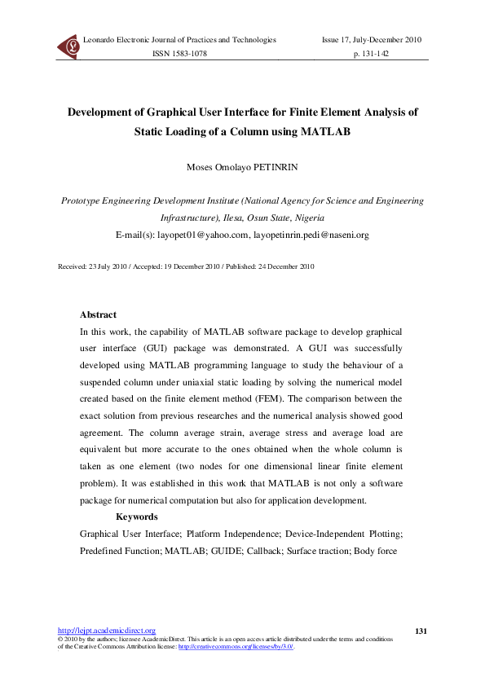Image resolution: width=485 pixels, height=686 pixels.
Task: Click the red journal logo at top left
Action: (68, 47)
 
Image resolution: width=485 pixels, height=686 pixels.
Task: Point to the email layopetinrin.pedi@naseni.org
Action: (311, 235)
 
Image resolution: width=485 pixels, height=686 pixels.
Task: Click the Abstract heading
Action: (98, 314)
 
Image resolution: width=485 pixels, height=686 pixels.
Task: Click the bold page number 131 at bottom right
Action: (421, 631)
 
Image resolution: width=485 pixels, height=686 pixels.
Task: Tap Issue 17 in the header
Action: (340, 39)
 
